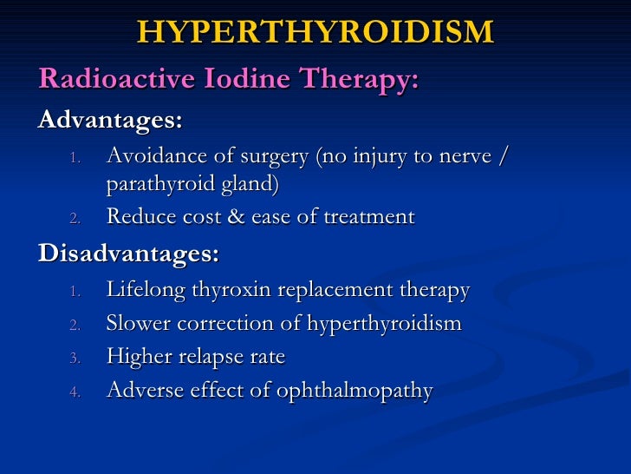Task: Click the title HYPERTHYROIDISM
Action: pos(315,32)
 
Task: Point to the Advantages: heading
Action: pos(110,119)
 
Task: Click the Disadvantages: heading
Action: pos(128,254)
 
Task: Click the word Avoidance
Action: pos(153,156)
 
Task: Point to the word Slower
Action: pos(135,324)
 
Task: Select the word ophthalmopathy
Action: pos(355,392)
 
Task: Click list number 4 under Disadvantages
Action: pos(75,392)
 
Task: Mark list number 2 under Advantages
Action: pos(75,218)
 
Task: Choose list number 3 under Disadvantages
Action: pos(75,359)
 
